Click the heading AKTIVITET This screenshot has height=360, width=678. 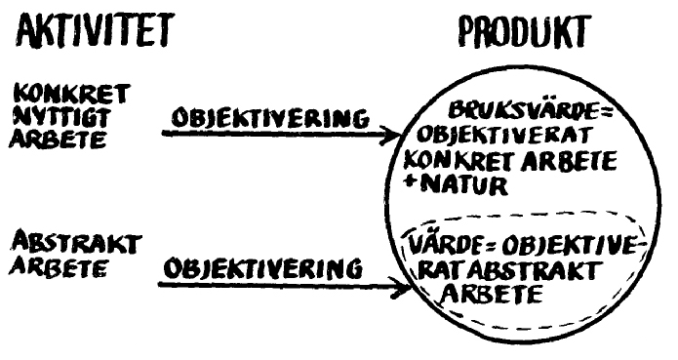(x=96, y=30)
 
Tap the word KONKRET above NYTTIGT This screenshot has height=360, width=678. (x=72, y=94)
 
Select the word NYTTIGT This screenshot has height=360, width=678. (x=61, y=117)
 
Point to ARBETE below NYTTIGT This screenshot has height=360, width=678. (x=58, y=139)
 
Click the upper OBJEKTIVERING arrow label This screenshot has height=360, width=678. (x=270, y=117)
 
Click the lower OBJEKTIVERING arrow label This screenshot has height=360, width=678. (x=262, y=267)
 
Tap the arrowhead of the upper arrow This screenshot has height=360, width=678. (x=392, y=136)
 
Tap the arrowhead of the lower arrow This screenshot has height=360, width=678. (x=400, y=286)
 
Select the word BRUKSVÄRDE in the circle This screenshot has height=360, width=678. (x=522, y=110)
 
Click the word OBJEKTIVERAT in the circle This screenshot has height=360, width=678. (x=503, y=136)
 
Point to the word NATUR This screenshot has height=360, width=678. (x=464, y=185)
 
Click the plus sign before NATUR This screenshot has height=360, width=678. (x=410, y=182)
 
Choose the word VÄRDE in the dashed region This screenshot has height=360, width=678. (x=448, y=245)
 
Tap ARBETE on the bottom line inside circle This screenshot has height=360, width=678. (x=492, y=294)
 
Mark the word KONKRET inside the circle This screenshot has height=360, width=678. (x=460, y=161)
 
